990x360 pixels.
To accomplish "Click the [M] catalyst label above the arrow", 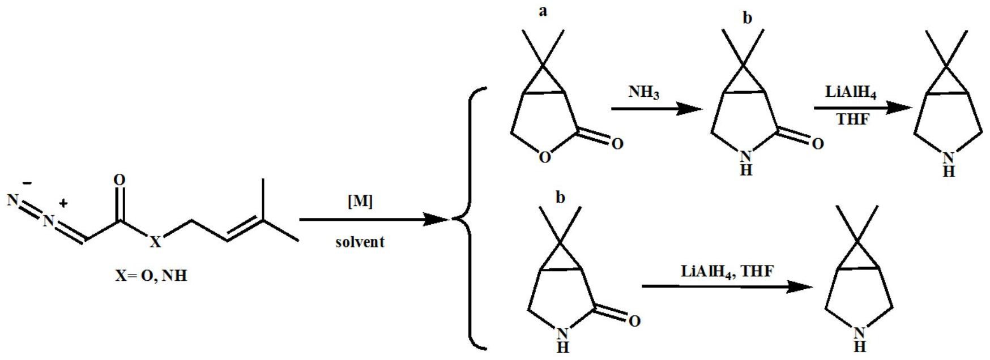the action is coord(360,202).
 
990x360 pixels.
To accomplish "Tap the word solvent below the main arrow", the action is coord(360,242).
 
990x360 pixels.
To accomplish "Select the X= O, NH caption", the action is coord(151,277).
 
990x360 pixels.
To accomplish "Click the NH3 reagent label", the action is coord(644,92).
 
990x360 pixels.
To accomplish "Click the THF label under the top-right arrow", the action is coord(852,120).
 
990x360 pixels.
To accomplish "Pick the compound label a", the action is coord(543,11).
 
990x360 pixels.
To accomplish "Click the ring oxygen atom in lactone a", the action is coord(545,157).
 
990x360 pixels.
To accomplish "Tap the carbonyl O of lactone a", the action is coord(617,143).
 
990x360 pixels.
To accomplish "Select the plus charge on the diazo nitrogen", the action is coord(64,203).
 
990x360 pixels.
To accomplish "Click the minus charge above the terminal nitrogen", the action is coord(27,183).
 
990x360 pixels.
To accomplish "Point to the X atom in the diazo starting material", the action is coord(155,243).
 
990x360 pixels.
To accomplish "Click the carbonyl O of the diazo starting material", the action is coord(119,180).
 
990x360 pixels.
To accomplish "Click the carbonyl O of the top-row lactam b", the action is coord(817,144).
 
